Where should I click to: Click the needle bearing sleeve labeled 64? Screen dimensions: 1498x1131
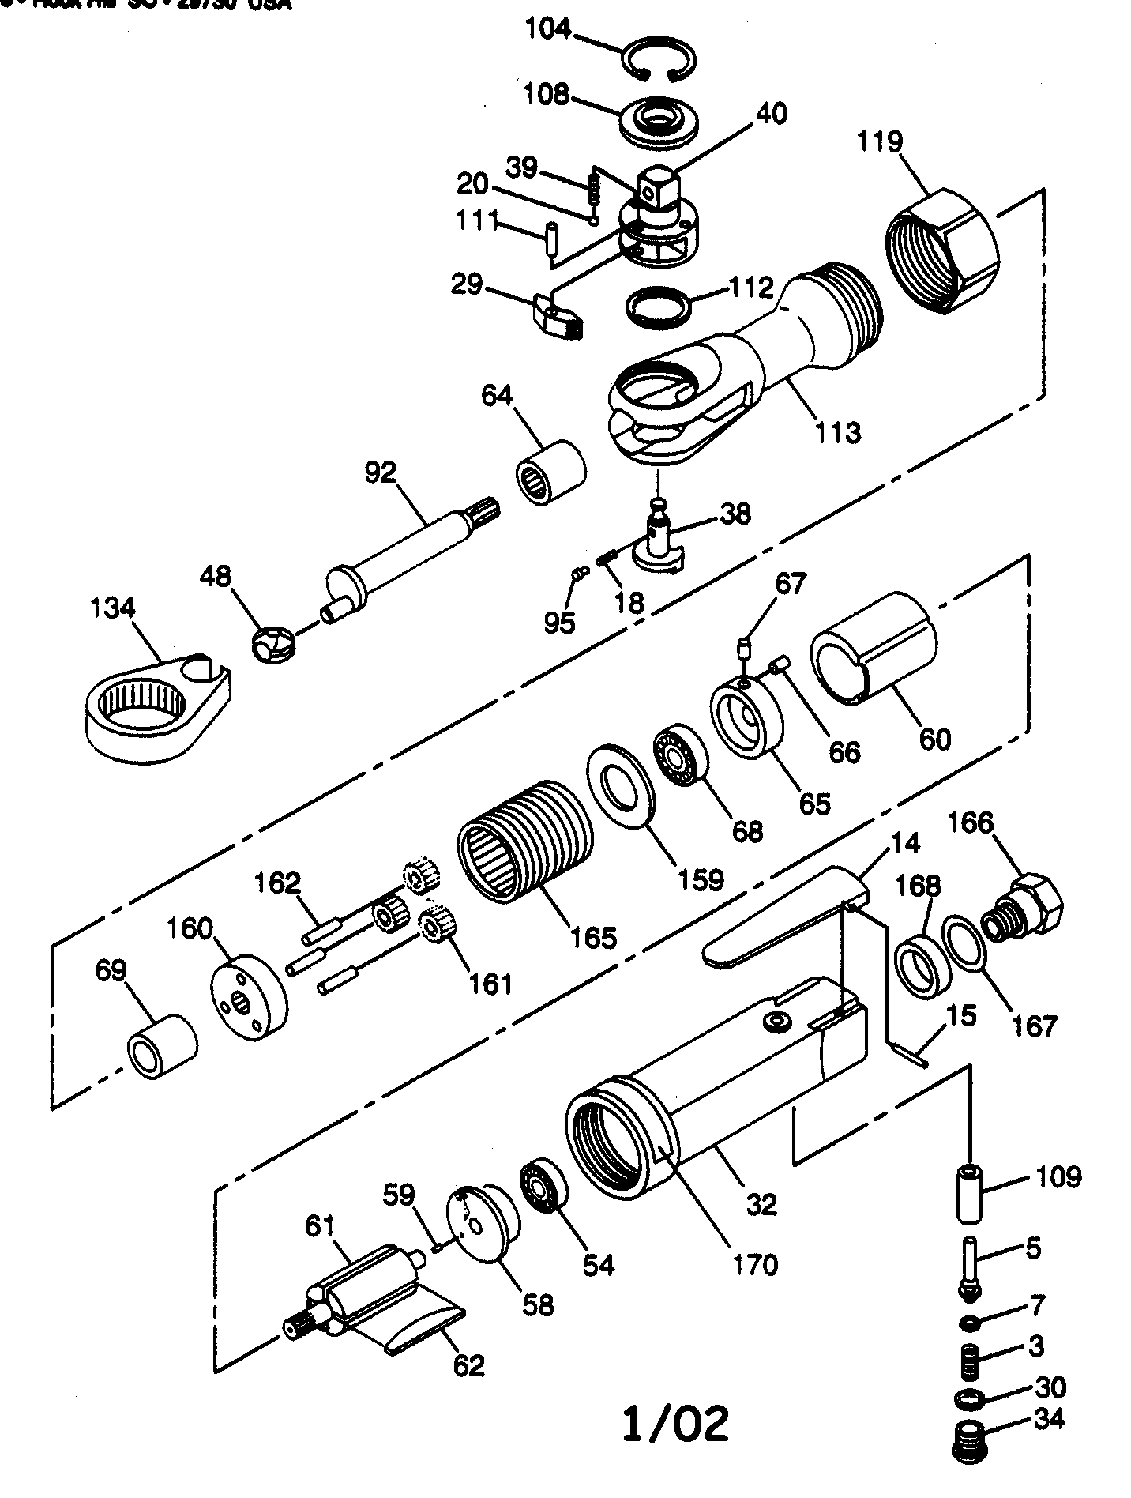pos(550,472)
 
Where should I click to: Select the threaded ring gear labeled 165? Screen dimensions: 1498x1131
pos(524,841)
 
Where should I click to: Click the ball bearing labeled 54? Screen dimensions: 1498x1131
pos(543,1197)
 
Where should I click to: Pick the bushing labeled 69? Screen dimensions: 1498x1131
pos(162,1047)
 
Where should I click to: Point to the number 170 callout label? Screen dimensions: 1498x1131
pos(755,1264)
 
